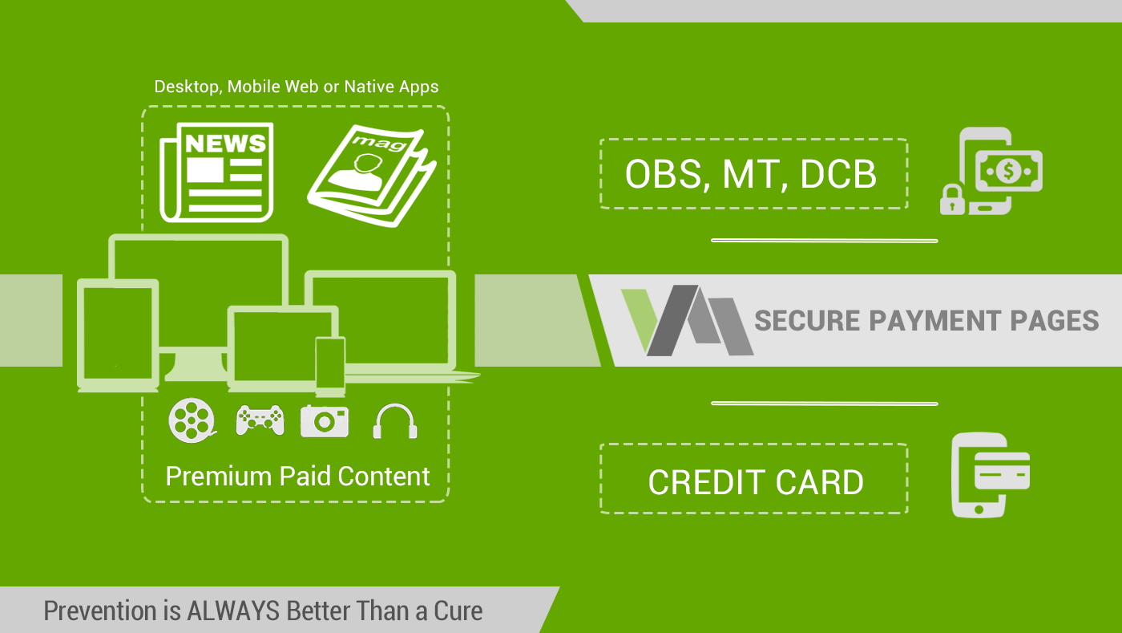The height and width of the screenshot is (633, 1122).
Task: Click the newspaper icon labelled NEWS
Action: (216, 172)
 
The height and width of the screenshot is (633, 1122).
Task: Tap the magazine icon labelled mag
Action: (372, 176)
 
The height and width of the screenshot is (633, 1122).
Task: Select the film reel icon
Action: (192, 420)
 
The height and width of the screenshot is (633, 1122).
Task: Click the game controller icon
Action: (260, 420)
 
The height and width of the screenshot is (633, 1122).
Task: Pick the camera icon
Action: (325, 421)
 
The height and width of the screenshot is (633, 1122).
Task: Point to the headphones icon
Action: (394, 421)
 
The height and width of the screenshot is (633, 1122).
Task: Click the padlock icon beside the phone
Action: (952, 200)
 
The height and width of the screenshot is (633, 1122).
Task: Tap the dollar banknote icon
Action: (1009, 171)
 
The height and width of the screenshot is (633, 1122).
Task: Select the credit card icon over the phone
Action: (1002, 470)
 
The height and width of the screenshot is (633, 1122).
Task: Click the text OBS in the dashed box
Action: (664, 175)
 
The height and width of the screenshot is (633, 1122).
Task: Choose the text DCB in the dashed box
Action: (838, 175)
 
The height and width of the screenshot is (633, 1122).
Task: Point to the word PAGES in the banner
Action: (1055, 321)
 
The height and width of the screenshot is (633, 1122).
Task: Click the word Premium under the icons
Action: (218, 477)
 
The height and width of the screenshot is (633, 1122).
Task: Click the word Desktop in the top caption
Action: (186, 87)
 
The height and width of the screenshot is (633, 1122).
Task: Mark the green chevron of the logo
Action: (640, 318)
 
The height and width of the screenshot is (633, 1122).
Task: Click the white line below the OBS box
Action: (824, 241)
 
